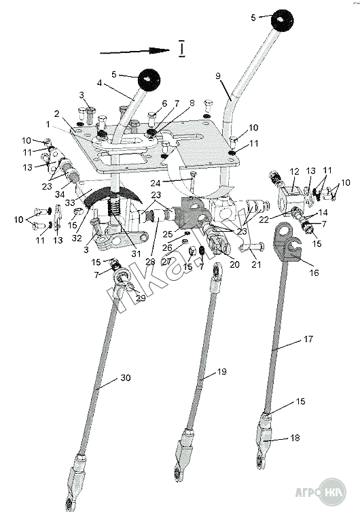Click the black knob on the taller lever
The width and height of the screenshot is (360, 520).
pyautogui.click(x=282, y=20)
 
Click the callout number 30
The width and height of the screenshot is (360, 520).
pyautogui.click(x=125, y=378)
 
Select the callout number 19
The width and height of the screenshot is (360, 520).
pyautogui.click(x=221, y=371)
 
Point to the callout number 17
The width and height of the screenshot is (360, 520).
pyautogui.click(x=308, y=339)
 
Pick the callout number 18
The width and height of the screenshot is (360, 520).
pyautogui.click(x=295, y=438)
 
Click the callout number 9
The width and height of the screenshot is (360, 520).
pyautogui.click(x=218, y=76)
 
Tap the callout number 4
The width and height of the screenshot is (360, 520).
pyautogui.click(x=99, y=83)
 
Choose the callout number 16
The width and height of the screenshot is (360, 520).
pyautogui.click(x=314, y=273)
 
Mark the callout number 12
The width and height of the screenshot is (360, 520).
pyautogui.click(x=294, y=171)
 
